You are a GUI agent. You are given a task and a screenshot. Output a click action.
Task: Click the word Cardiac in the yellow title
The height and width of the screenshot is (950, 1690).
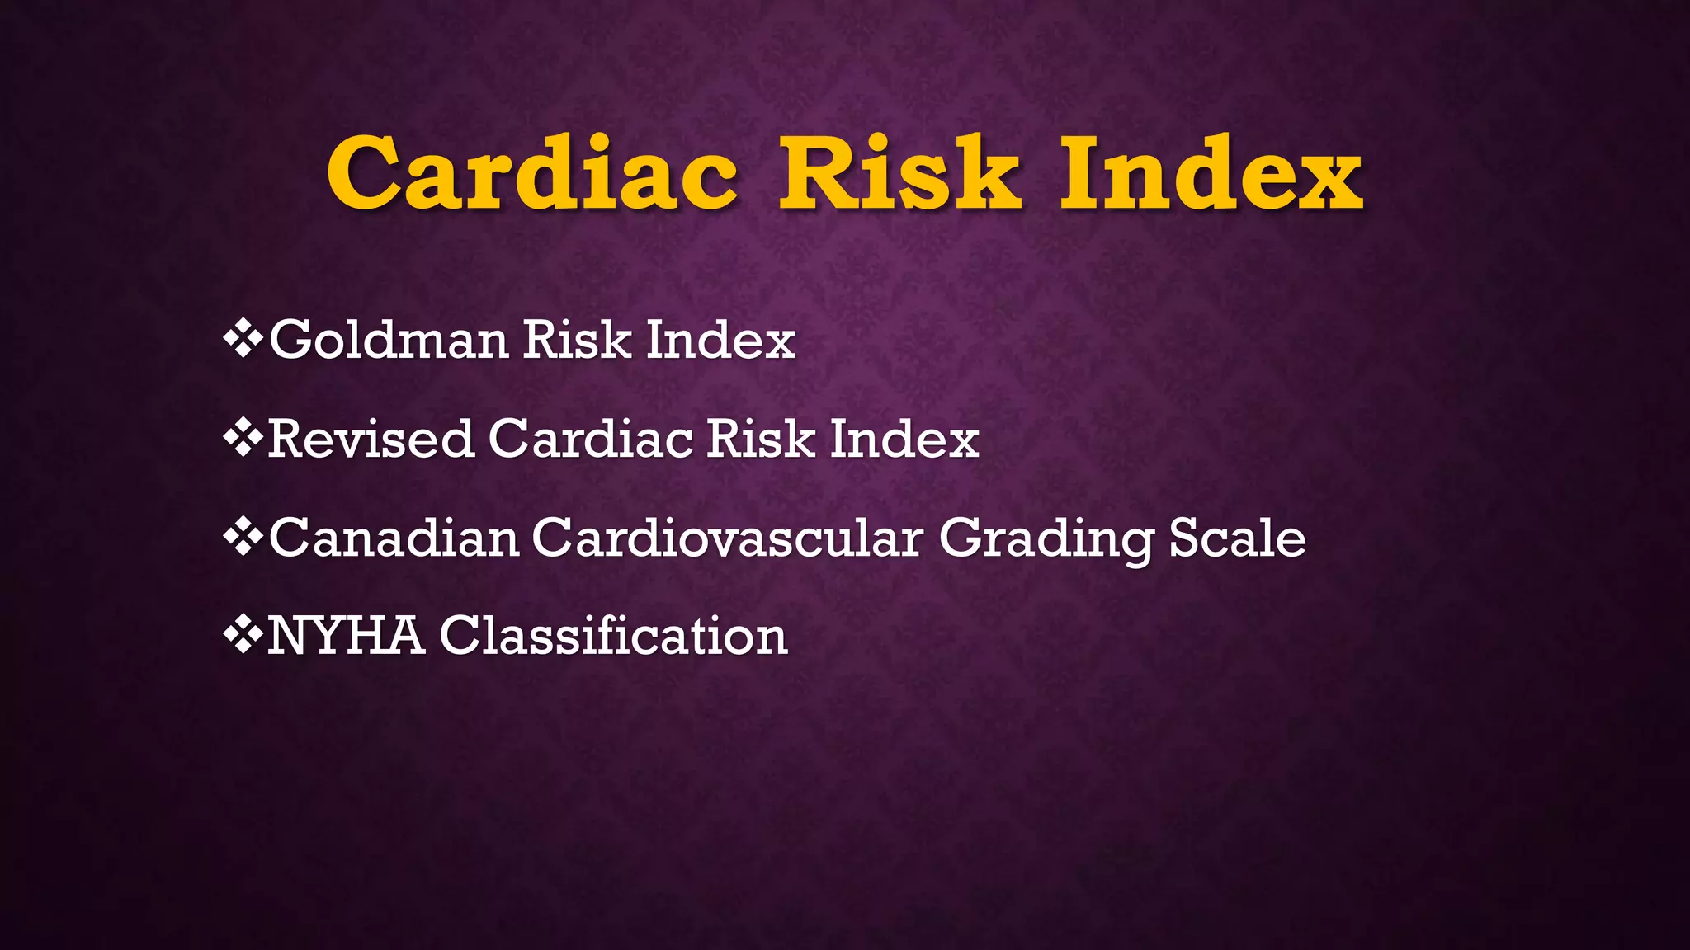point(532,173)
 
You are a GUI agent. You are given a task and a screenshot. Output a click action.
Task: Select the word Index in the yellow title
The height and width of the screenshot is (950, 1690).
point(1211,173)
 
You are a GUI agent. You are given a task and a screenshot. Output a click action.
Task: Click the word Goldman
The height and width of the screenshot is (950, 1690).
point(389,340)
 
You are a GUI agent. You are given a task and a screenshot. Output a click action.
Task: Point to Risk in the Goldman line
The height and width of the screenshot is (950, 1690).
point(577,340)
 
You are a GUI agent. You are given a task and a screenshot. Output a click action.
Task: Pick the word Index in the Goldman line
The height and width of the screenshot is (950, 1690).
point(720,340)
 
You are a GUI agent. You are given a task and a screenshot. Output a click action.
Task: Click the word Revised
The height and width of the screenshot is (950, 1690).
point(371,439)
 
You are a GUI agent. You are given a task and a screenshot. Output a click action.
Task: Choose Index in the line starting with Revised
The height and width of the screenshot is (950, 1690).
point(904,439)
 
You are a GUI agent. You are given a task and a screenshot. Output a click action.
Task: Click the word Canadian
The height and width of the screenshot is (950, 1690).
point(394,538)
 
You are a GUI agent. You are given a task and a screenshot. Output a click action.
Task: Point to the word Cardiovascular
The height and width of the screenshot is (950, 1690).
point(727,538)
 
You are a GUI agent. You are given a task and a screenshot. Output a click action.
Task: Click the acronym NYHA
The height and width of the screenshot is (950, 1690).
point(346,637)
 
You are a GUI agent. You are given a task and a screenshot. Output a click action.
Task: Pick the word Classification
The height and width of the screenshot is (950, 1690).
point(613,637)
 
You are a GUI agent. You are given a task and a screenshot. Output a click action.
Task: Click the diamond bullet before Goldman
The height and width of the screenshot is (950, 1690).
point(243,339)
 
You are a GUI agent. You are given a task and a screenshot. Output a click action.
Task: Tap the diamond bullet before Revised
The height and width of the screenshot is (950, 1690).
point(243,438)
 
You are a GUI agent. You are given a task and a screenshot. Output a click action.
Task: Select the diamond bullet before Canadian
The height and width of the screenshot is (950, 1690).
point(243,538)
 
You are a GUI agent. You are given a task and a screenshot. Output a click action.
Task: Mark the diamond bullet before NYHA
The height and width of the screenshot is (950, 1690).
point(243,636)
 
